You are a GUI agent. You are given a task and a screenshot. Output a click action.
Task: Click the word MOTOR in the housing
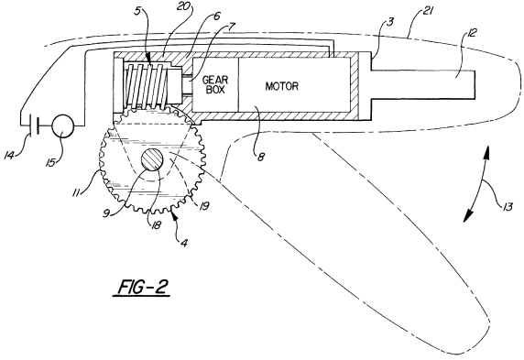[x=282, y=86]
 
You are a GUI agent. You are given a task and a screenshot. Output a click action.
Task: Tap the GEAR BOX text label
[x=215, y=85]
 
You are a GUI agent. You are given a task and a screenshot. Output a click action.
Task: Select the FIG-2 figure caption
[x=143, y=287]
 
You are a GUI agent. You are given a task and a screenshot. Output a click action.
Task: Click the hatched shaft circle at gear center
[x=153, y=159]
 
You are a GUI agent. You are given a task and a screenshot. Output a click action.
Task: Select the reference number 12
[x=471, y=33]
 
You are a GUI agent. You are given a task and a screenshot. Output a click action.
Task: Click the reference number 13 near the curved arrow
[x=507, y=207]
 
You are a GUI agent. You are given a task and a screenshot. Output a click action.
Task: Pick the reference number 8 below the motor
[x=260, y=157]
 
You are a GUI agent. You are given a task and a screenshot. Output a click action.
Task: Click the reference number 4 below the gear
[x=183, y=243]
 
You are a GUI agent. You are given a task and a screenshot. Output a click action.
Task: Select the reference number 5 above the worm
[x=137, y=11]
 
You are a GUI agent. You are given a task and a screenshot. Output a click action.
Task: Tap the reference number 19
[x=204, y=206]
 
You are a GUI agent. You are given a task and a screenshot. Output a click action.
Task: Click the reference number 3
[x=389, y=23]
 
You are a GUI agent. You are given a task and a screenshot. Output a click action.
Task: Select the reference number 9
[x=106, y=213]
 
